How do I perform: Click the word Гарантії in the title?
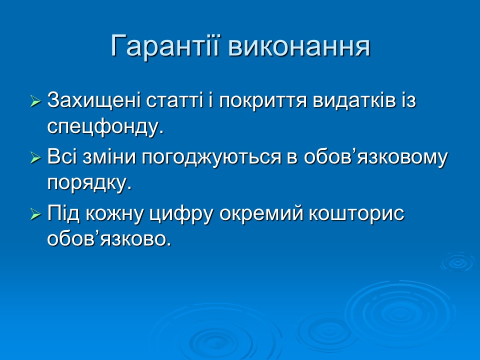click(x=165, y=46)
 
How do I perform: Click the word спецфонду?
click(x=105, y=127)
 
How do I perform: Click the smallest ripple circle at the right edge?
click(x=457, y=261)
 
